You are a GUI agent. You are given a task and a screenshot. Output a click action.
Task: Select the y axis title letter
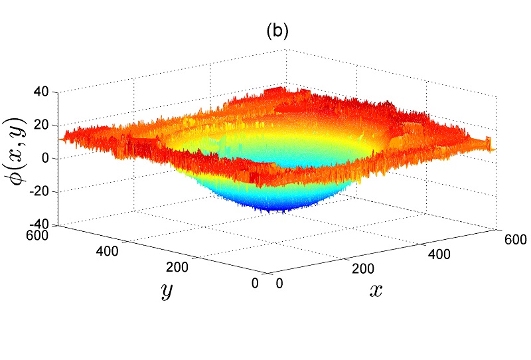coord(165,290)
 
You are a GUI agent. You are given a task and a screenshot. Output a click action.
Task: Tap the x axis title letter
coord(375,290)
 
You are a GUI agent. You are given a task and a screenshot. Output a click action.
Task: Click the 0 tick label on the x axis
coord(279,284)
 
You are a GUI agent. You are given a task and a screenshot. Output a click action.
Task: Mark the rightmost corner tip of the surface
coord(494,149)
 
